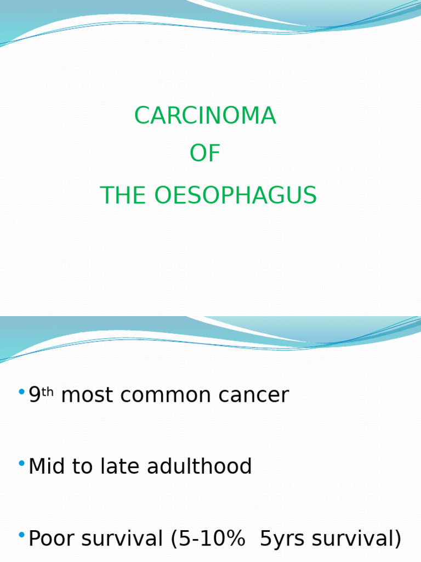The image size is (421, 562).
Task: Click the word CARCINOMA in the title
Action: [x=205, y=116]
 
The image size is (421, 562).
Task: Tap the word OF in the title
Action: [x=205, y=154]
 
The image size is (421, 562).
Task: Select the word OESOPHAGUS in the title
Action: [x=235, y=196]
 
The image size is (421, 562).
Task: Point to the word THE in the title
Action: [x=123, y=196]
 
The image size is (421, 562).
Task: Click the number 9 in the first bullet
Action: [x=35, y=395]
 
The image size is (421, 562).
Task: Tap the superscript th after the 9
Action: [x=48, y=391]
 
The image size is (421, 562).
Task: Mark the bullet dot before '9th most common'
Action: [x=21, y=392]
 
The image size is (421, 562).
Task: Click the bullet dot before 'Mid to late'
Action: [x=21, y=464]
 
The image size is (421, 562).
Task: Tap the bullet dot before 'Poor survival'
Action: [x=21, y=535]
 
